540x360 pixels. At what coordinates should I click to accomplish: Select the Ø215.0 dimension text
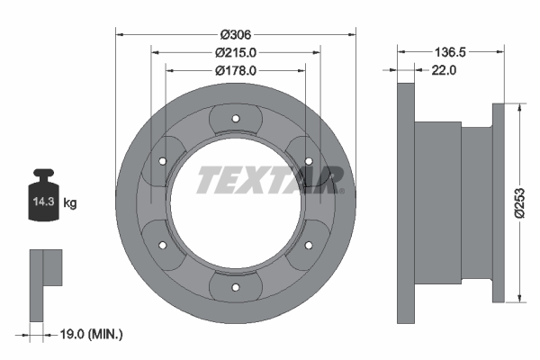click(x=235, y=52)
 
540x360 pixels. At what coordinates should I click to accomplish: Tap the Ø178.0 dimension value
click(x=235, y=69)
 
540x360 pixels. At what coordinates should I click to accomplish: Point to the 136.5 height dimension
click(x=449, y=52)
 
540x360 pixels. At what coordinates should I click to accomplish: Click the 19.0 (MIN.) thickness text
click(x=87, y=334)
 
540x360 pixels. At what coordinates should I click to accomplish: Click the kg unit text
click(x=70, y=203)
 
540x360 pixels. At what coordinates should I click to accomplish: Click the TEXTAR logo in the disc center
click(x=270, y=180)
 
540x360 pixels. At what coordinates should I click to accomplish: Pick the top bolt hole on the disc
click(x=235, y=119)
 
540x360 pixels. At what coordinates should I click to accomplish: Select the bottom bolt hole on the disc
click(x=235, y=288)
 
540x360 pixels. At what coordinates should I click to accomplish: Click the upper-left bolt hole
click(x=162, y=161)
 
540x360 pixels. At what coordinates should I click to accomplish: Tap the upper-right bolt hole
click(x=309, y=161)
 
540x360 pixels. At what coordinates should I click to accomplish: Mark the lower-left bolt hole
click(x=162, y=246)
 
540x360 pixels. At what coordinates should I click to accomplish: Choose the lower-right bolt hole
click(x=309, y=246)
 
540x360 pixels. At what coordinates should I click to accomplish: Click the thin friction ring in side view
click(x=404, y=203)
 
